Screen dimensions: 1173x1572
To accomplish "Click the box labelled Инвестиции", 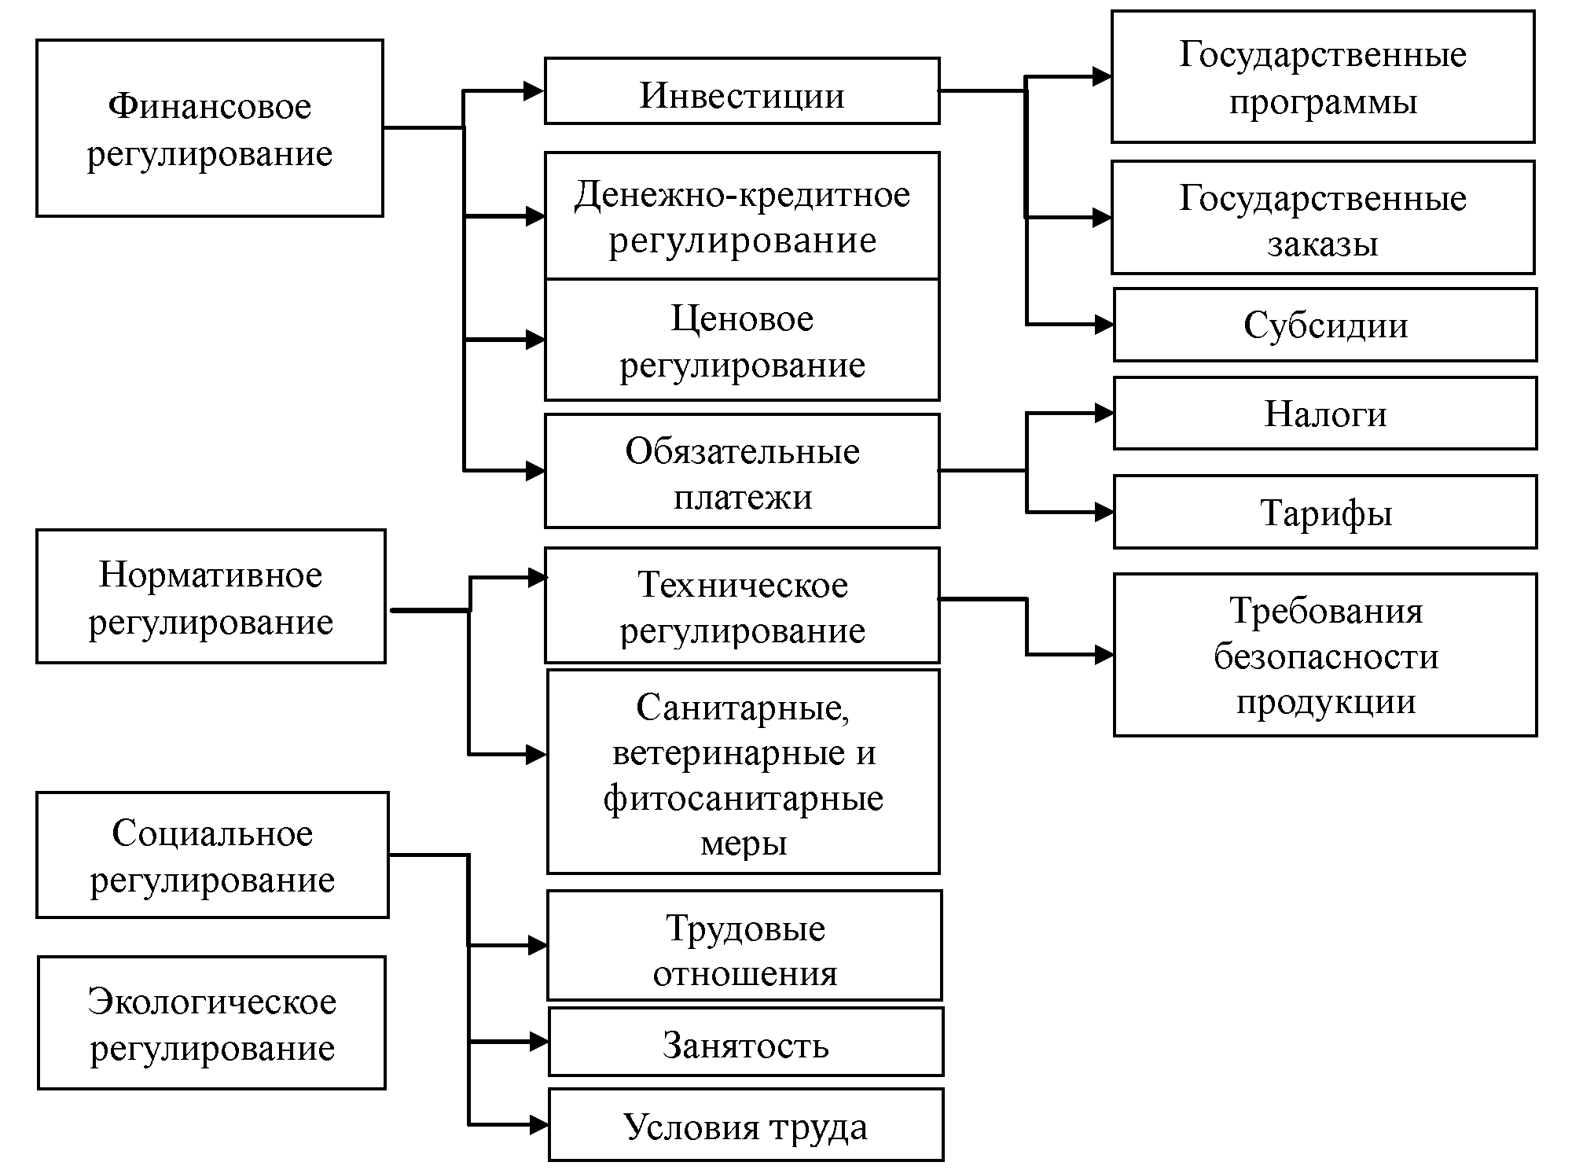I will pos(742,91).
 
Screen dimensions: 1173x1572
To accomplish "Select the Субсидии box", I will pos(1325,325).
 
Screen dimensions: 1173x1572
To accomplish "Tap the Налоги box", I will pos(1325,414).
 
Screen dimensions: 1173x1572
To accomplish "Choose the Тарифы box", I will pos(1325,513).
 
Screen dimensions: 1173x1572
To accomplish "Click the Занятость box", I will pos(745,1043).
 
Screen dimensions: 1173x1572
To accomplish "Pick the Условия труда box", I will pos(745,1126).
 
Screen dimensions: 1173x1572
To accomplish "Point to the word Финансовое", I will pos(210,106).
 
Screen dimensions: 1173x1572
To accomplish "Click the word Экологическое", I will pos(212,1002).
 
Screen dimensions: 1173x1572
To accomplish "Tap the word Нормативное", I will pos(211,575).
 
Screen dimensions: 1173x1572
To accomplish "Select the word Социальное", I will pos(212,833).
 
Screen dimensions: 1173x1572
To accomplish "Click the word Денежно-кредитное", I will pos(742,194).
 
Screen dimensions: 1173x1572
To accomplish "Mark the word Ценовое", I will pos(742,318).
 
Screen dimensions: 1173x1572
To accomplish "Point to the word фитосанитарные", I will pos(744,799).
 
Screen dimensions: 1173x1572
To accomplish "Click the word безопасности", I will pos(1326,656).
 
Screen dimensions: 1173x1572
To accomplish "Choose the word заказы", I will pos(1323,245).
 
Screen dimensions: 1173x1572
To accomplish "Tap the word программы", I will pos(1323,102).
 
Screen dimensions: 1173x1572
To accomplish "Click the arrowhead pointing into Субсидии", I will pos(1104,324).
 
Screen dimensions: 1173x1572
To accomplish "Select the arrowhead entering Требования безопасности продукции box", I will pos(1104,654).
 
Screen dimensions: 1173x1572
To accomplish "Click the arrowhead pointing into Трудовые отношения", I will pos(538,945).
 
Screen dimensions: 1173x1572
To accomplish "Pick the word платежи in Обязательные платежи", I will pos(742,498).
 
